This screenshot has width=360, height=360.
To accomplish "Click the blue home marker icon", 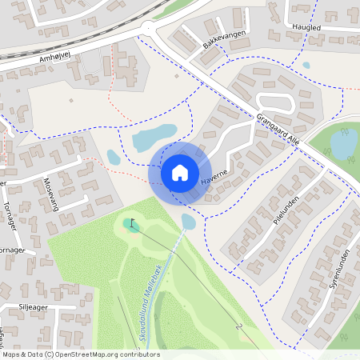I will click(180, 172).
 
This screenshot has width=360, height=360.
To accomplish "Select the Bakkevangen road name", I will click(223, 35).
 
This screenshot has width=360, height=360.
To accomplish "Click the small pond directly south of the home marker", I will click(189, 220).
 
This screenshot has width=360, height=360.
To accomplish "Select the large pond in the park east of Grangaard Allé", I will click(344, 145).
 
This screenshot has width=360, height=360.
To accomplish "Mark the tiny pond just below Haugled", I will click(306, 66).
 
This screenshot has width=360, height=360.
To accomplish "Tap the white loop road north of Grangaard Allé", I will click(275, 102).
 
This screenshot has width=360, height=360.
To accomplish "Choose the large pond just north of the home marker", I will click(154, 137).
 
